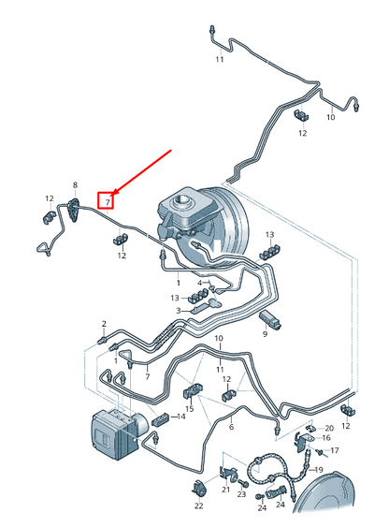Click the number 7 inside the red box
(x=108, y=202)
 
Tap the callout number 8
(x=75, y=184)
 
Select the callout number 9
(x=265, y=334)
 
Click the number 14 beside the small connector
(x=180, y=417)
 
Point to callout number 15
(x=190, y=409)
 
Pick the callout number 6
(x=231, y=427)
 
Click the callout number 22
(x=198, y=505)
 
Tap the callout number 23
(x=241, y=494)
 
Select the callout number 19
(x=319, y=470)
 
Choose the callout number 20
(x=329, y=428)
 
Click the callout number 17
(x=335, y=450)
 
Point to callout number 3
(x=179, y=311)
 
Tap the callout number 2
(x=104, y=324)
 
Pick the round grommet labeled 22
(x=199, y=488)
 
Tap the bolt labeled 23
(x=243, y=483)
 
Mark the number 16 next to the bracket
(x=326, y=437)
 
